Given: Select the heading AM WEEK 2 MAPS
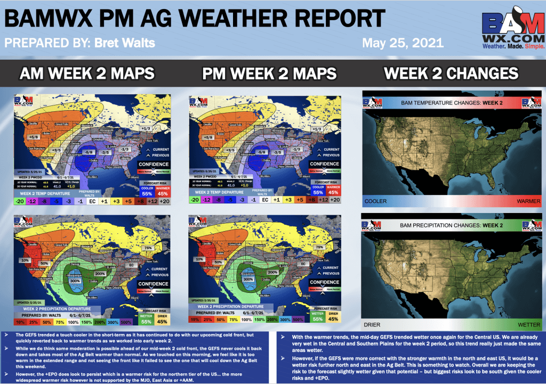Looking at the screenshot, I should coord(87,73).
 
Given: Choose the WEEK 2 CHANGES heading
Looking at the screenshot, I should coord(451,73).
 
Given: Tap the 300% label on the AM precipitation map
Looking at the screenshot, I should coord(75,280).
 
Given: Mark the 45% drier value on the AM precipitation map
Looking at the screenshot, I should coord(162,322).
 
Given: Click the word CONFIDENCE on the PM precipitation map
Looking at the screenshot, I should coord(324,282).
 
